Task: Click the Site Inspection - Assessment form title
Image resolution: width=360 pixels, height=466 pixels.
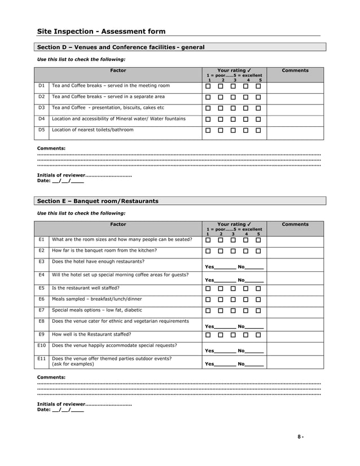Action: point(101,32)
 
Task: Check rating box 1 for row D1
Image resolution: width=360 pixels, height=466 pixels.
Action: point(208,87)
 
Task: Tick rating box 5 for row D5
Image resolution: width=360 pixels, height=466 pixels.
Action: point(258,130)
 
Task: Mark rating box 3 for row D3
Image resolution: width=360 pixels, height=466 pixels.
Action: point(233,108)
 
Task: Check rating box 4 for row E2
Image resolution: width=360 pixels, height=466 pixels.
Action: point(246,251)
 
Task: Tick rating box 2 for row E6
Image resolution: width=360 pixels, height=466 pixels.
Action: point(221,300)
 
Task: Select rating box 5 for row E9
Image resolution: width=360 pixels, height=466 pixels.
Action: point(258,335)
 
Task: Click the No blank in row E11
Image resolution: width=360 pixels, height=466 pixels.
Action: point(254,364)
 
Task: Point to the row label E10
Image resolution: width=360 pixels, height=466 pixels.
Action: point(41,345)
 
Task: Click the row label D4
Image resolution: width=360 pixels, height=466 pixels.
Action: point(41,119)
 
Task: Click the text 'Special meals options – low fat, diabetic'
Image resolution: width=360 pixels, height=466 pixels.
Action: point(97,310)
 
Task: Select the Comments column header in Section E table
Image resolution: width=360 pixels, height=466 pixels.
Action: point(295,225)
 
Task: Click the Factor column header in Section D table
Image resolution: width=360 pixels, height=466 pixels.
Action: point(118,71)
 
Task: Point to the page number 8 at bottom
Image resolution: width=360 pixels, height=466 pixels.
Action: point(301,437)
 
